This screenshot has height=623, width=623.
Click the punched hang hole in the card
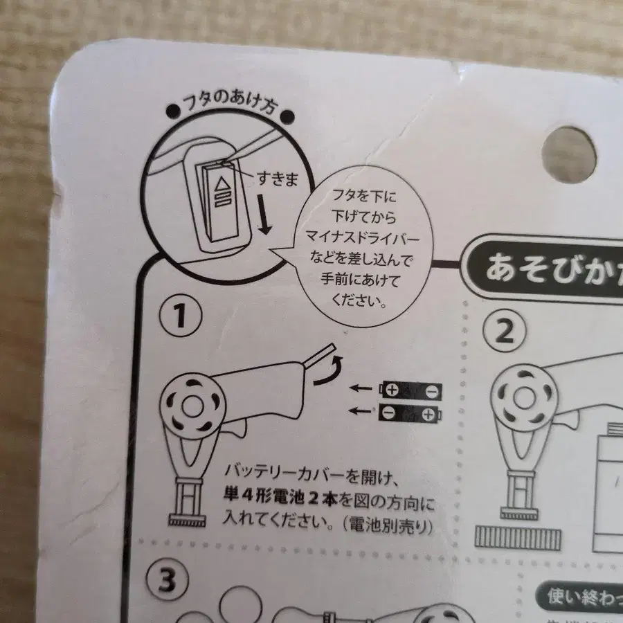(569, 154)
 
